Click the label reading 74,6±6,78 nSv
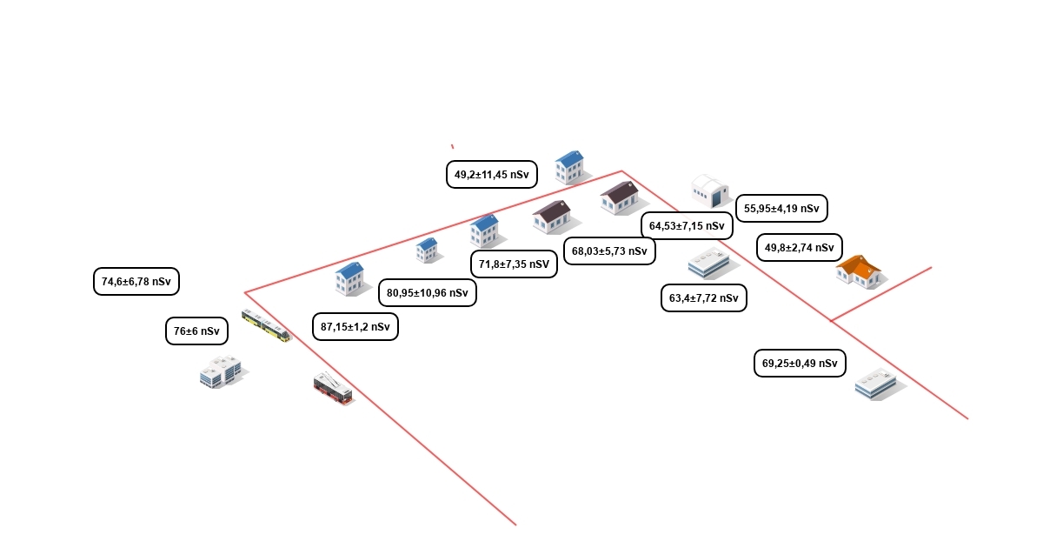pyautogui.click(x=136, y=282)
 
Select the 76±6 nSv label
pyautogui.click(x=196, y=331)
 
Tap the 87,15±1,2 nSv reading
pyautogui.click(x=355, y=327)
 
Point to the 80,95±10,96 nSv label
pyautogui.click(x=428, y=292)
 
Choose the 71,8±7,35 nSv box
pyautogui.click(x=514, y=264)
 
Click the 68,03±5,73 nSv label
pyautogui.click(x=609, y=251)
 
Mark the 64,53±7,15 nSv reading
pyautogui.click(x=687, y=226)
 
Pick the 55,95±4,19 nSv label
pyautogui.click(x=781, y=208)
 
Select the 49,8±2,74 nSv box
pyautogui.click(x=800, y=247)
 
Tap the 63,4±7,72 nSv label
pyautogui.click(x=704, y=297)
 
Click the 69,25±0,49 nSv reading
pyautogui.click(x=800, y=363)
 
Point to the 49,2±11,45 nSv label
pyautogui.click(x=492, y=174)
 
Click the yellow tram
pyautogui.click(x=266, y=325)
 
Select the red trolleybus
pyautogui.click(x=332, y=388)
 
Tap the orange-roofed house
pyautogui.click(x=860, y=271)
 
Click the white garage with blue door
pyautogui.click(x=710, y=190)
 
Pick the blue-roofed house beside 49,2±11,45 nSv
pyautogui.click(x=570, y=167)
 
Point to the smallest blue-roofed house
pyautogui.click(x=427, y=251)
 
